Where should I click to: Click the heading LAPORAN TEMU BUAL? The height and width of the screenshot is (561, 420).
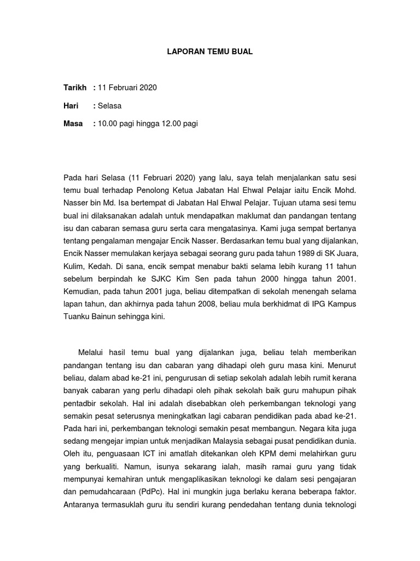pyautogui.click(x=210, y=52)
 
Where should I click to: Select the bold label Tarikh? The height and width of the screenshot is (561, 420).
pyautogui.click(x=75, y=88)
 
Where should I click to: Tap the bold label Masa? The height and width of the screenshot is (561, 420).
pyautogui.click(x=73, y=124)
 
